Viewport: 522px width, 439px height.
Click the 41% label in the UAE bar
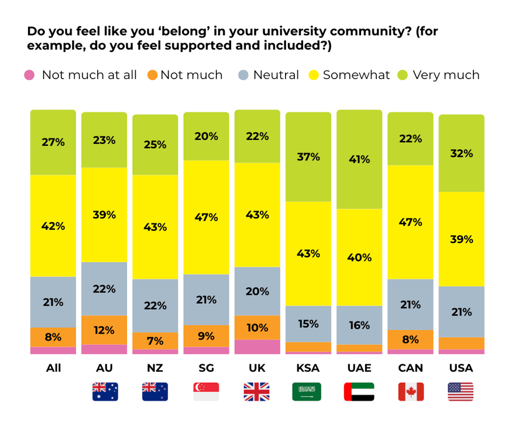pyautogui.click(x=359, y=159)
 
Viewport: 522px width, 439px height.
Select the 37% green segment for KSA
pyautogui.click(x=308, y=156)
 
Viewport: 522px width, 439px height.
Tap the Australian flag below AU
pyautogui.click(x=105, y=392)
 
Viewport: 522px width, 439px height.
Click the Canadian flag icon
pyautogui.click(x=410, y=392)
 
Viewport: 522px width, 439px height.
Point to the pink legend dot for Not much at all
pyautogui.click(x=29, y=76)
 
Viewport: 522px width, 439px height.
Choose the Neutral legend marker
pyautogui.click(x=243, y=76)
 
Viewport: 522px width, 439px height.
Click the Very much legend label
pyautogui.click(x=446, y=76)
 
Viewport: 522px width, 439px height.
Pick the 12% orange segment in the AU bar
pyautogui.click(x=104, y=330)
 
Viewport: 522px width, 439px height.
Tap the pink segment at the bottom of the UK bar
pyautogui.click(x=257, y=347)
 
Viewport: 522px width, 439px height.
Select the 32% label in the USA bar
pyautogui.click(x=461, y=153)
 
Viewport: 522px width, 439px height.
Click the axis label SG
pyautogui.click(x=206, y=368)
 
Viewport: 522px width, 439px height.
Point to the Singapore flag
pyautogui.click(x=206, y=392)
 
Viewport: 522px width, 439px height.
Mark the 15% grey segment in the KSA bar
pyautogui.click(x=308, y=324)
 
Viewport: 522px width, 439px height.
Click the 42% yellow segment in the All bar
pyautogui.click(x=53, y=226)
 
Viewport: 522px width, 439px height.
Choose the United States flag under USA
pyautogui.click(x=461, y=392)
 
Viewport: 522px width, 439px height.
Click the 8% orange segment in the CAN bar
pyautogui.click(x=410, y=339)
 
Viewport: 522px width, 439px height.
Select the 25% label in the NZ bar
pyautogui.click(x=155, y=145)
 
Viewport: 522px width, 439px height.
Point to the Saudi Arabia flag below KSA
pyautogui.click(x=307, y=392)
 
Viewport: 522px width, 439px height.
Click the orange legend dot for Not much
pyautogui.click(x=153, y=76)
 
